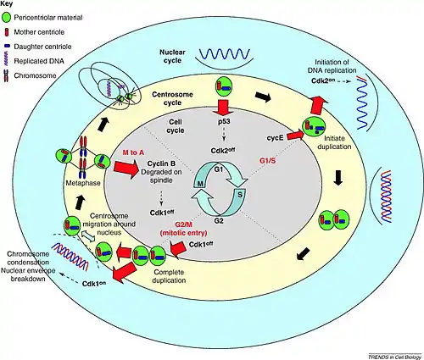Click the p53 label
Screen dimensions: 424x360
(224, 122)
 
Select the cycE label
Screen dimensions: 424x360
(275, 138)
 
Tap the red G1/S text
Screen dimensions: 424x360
(267, 161)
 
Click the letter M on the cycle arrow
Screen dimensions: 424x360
(200, 184)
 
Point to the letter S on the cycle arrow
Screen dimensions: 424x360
(240, 195)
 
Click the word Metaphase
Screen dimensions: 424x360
(83, 183)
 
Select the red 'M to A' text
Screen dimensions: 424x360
(133, 152)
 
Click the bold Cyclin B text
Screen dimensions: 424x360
(161, 163)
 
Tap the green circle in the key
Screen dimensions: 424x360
(6, 18)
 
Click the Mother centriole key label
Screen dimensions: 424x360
(39, 32)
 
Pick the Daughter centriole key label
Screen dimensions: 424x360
(42, 47)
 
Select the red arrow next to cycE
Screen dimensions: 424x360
(296, 135)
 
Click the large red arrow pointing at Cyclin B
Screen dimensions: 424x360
(126, 169)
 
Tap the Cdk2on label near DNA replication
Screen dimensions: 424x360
(323, 80)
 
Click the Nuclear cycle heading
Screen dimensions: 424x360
(172, 56)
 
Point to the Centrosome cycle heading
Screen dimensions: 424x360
(172, 98)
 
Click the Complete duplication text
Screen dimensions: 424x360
(169, 276)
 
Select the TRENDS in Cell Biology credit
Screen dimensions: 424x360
(394, 357)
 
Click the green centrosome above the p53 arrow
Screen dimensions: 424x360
(224, 86)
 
